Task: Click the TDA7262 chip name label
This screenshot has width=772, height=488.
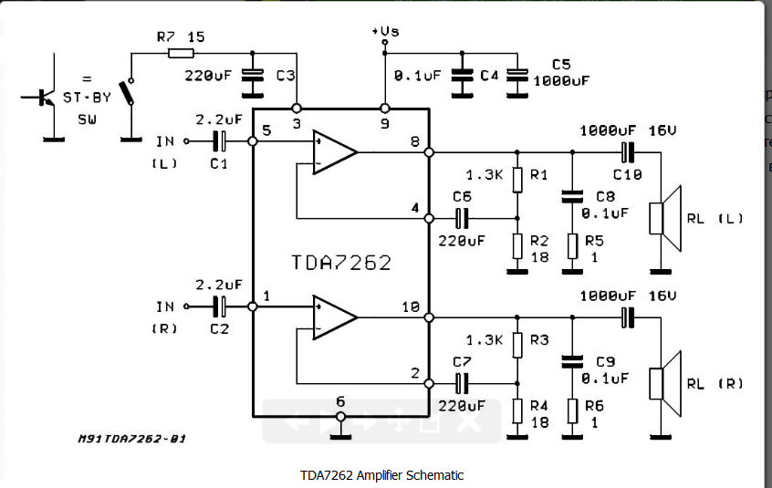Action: (x=341, y=262)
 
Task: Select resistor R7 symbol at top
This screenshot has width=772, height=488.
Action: (x=181, y=53)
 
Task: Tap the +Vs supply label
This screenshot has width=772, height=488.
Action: (x=385, y=31)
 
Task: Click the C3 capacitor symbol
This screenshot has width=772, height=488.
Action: (x=253, y=77)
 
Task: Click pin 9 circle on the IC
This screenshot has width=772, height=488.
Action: (x=385, y=109)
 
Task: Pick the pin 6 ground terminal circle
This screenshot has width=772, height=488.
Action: (x=340, y=417)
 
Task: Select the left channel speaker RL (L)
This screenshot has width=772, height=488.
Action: (x=665, y=218)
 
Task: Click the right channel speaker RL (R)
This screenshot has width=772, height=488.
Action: (x=665, y=384)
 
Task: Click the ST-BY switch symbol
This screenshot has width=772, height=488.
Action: (x=130, y=92)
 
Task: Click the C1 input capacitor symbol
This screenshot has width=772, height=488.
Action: (x=220, y=141)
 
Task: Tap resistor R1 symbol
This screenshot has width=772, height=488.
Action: (x=517, y=180)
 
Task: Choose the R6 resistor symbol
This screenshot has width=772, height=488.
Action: (x=572, y=410)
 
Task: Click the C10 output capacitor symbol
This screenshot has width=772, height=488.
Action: (x=627, y=152)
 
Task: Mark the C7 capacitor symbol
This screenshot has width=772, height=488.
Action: (x=462, y=384)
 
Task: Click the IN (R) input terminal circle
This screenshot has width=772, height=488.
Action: (x=186, y=306)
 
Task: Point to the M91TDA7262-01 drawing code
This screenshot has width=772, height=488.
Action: (x=132, y=439)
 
